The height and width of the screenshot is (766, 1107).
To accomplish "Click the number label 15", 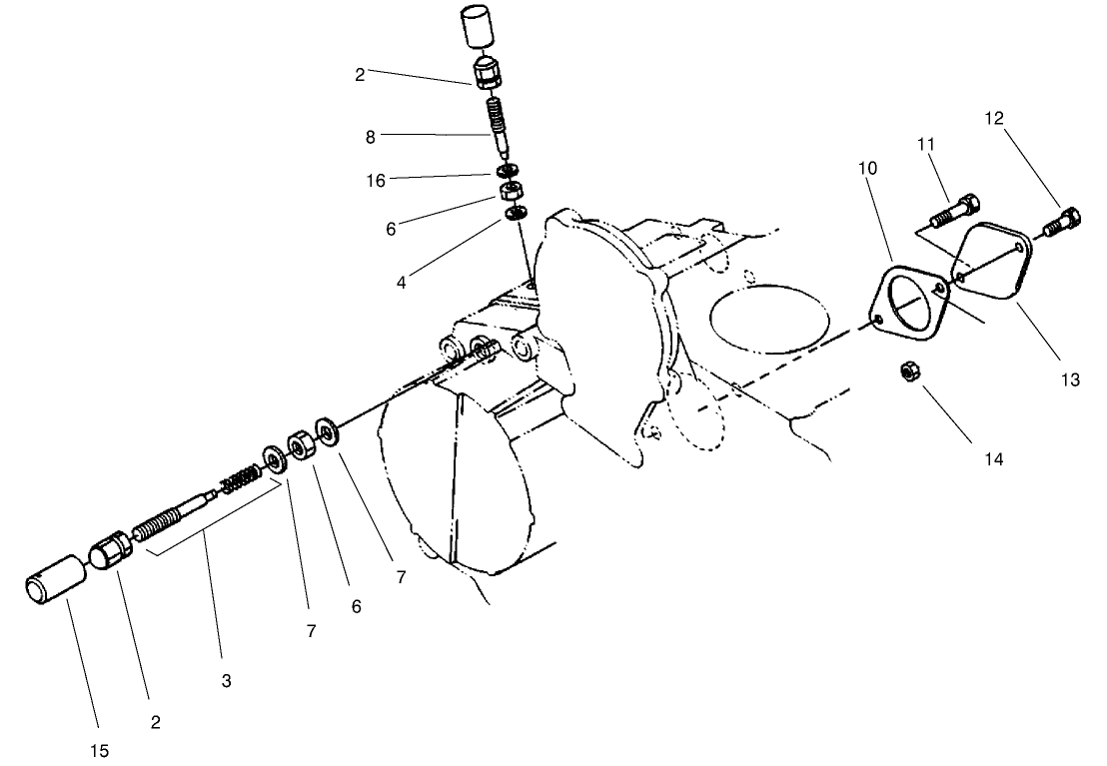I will pyautogui.click(x=100, y=750).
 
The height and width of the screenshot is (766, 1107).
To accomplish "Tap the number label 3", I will pyautogui.click(x=226, y=681).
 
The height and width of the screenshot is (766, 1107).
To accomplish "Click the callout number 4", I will pyautogui.click(x=401, y=283).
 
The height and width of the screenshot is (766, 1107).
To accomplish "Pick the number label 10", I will pyautogui.click(x=868, y=168).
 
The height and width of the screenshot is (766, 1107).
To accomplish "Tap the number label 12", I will pyautogui.click(x=993, y=118).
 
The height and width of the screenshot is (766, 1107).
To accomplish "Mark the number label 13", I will pyautogui.click(x=1070, y=381).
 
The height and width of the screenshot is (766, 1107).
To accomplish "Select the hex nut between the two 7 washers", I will pyautogui.click(x=301, y=446).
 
